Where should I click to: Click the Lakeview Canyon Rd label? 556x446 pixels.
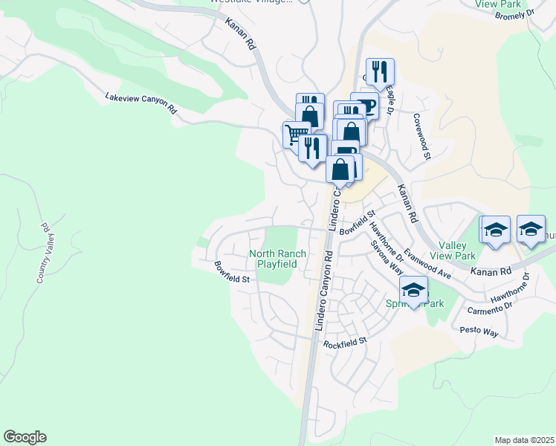click(140, 102)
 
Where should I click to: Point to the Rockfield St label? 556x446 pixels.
click(345, 343)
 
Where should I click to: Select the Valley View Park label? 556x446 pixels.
click(457, 251)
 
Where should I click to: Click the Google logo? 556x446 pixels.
click(25, 437)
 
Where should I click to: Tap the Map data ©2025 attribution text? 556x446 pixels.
click(524, 440)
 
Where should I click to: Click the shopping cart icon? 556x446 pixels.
click(295, 134)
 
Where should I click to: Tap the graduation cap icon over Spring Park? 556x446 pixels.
click(414, 288)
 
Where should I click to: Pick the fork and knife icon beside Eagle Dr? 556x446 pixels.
click(380, 71)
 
